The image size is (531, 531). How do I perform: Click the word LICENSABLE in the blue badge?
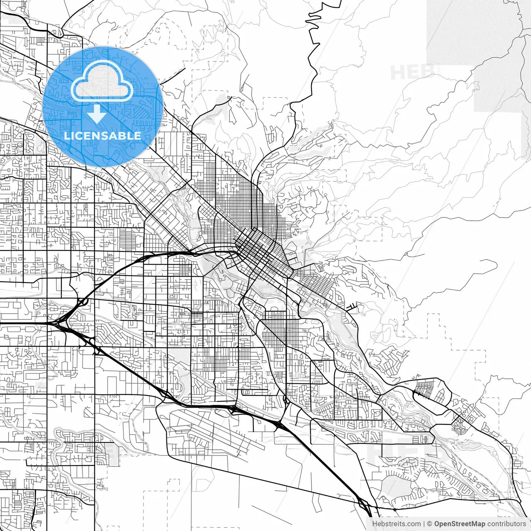point(102,136)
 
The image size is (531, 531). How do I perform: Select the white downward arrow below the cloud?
point(97,114)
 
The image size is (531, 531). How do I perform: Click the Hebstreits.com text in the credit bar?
point(396,524)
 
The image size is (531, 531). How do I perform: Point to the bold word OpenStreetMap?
point(459,524)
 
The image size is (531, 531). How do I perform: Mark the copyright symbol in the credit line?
point(430,524)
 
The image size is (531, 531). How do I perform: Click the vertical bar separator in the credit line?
point(424,524)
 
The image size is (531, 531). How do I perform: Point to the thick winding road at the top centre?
point(311,62)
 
